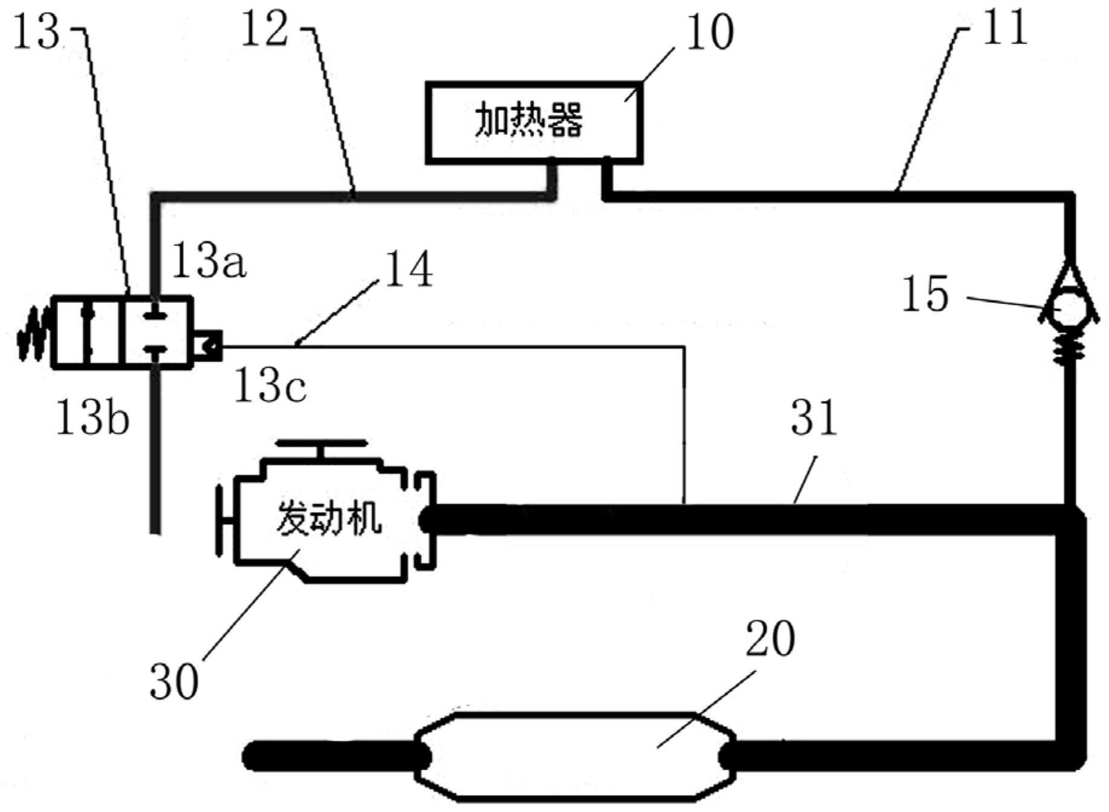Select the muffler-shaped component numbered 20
tap(574, 756)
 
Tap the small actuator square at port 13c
tap(207, 346)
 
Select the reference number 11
tap(1004, 27)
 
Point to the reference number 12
tap(264, 29)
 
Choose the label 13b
tap(93, 417)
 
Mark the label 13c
tap(270, 386)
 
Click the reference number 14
tap(409, 269)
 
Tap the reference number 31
tap(814, 417)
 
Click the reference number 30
tap(174, 681)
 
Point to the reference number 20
tap(770, 639)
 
